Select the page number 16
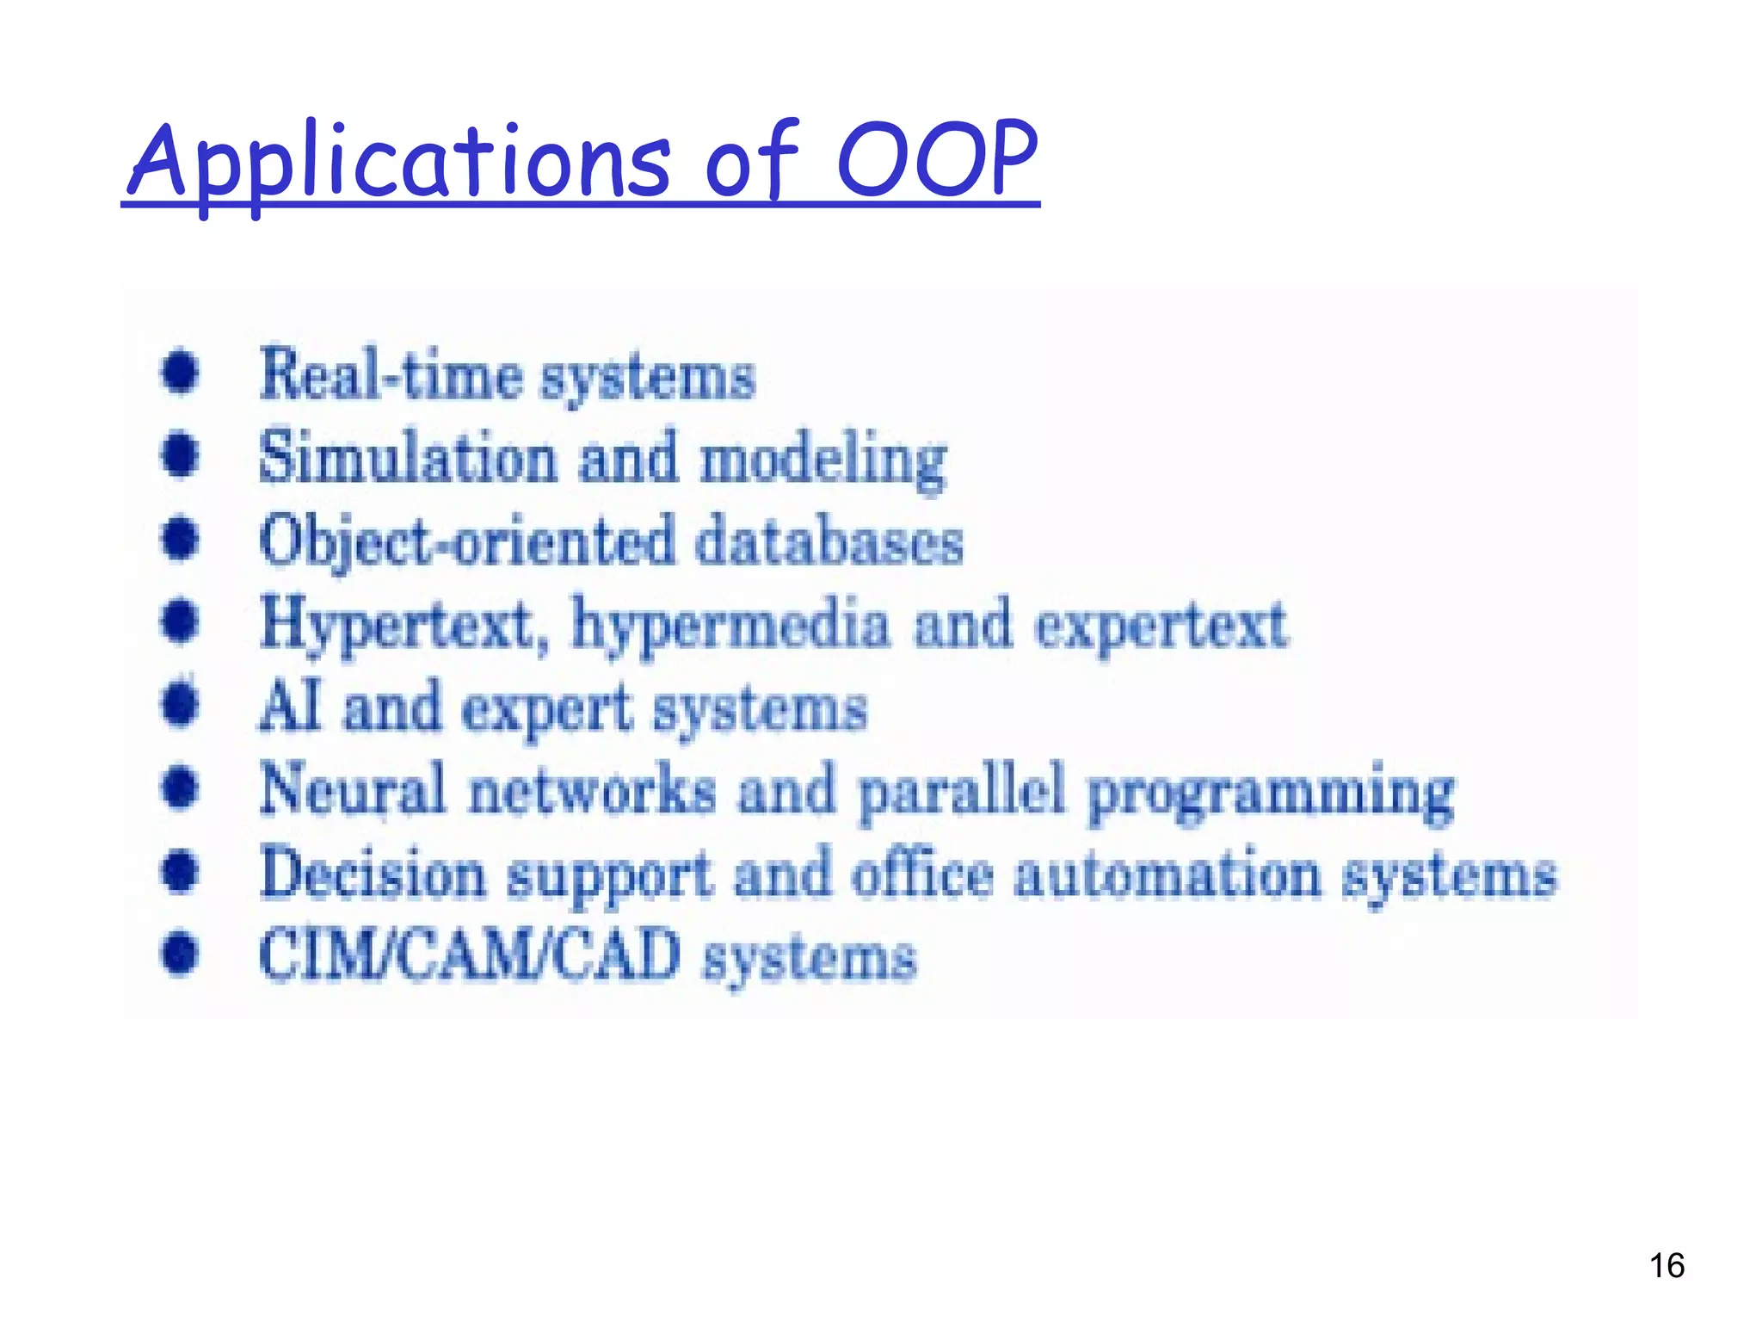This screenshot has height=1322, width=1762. pos(1667,1266)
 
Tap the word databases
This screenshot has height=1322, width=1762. pos(829,542)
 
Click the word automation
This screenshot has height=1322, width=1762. pos(1167,874)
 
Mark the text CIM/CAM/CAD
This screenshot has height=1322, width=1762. pos(470,955)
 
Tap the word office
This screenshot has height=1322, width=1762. pos(922,873)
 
